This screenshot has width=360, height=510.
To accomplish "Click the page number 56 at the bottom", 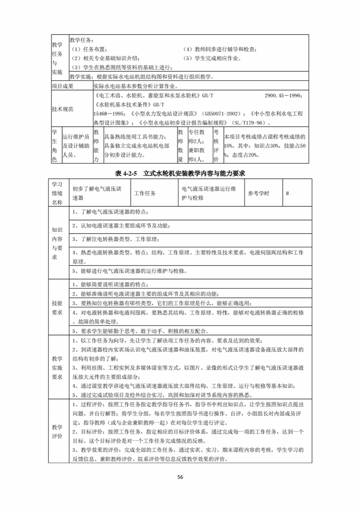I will (180, 477).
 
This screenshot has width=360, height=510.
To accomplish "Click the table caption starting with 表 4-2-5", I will (180, 173).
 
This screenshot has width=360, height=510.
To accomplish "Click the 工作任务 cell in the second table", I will (145, 193).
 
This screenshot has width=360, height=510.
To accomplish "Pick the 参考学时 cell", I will (258, 193).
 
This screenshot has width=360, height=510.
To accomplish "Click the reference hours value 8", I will (287, 193).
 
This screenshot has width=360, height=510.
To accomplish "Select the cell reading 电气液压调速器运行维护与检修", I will (209, 193).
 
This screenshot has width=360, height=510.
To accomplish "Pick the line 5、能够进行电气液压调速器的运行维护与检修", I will (129, 271).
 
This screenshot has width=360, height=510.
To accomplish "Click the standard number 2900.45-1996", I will (283, 96).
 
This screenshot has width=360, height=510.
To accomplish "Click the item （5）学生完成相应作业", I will (212, 58).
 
